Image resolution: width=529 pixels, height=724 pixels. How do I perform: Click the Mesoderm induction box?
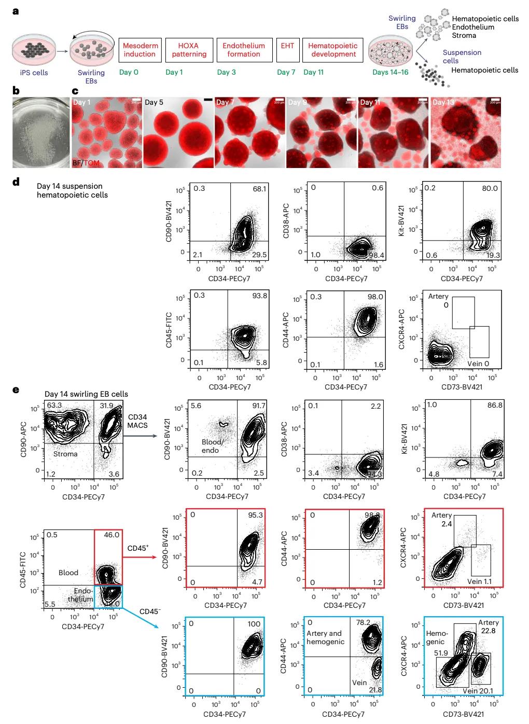tap(140, 50)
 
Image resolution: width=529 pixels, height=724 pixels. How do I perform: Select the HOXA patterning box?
tap(189, 50)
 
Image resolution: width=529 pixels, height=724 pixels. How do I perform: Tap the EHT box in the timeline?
tap(287, 50)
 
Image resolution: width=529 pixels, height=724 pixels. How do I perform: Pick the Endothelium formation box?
tap(243, 50)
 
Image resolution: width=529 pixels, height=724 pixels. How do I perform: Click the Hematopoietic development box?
tap(333, 50)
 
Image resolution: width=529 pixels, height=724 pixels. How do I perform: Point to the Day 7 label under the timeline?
tap(286, 72)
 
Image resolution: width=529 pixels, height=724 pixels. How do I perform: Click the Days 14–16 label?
tap(390, 72)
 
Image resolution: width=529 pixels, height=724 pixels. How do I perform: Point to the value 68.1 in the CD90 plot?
tap(259, 189)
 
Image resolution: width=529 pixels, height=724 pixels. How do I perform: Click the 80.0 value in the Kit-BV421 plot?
tap(490, 188)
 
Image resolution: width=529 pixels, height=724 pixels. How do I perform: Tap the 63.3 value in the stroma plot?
tap(54, 405)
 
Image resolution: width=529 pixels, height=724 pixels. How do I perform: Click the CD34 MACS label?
tap(137, 421)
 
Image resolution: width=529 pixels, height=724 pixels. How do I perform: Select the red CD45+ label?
tap(138, 548)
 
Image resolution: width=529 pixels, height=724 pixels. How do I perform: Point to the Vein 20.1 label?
tap(478, 691)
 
